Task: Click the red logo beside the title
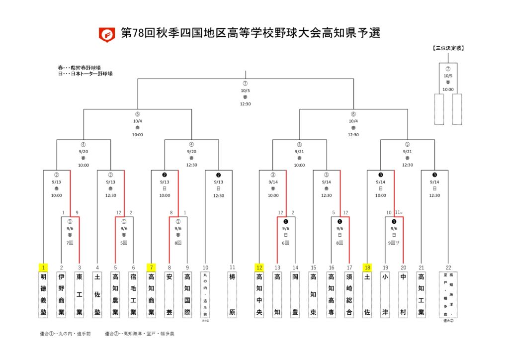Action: pyautogui.click(x=106, y=35)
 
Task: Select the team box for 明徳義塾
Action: pyautogui.click(x=43, y=295)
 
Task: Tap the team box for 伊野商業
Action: pyautogui.click(x=62, y=295)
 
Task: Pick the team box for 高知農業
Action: pyautogui.click(x=115, y=295)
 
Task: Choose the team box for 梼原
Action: pyautogui.click(x=232, y=295)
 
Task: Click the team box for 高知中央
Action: pyautogui.click(x=259, y=295)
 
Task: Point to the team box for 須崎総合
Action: pyautogui.click(x=349, y=295)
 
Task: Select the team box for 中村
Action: pyautogui.click(x=403, y=295)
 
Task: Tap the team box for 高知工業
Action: pyautogui.click(x=421, y=295)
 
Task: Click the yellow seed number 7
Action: pyautogui.click(x=151, y=268)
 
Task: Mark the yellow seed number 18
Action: pyautogui.click(x=367, y=268)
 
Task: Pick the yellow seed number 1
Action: pyautogui.click(x=43, y=268)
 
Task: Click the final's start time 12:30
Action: pyautogui.click(x=245, y=104)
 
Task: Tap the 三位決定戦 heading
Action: pyautogui.click(x=448, y=48)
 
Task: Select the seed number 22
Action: pyautogui.click(x=448, y=268)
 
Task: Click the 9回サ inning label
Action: pyautogui.click(x=394, y=244)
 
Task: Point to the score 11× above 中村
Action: pyautogui.click(x=399, y=213)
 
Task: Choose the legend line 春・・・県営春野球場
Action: pyautogui.click(x=82, y=68)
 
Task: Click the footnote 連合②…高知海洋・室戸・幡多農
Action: pyautogui.click(x=139, y=334)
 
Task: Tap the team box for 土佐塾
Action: pyautogui.click(x=97, y=295)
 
